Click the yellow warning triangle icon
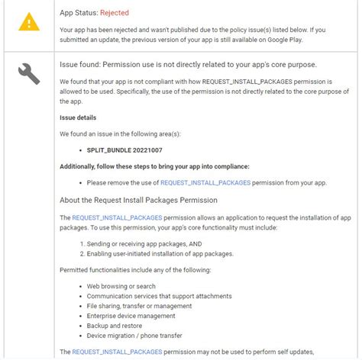tap(30, 22)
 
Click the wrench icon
tap(29, 73)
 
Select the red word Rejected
tap(112, 13)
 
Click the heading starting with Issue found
tap(188, 64)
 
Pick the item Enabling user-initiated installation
tap(160, 254)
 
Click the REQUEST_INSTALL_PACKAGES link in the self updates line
tap(117, 352)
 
